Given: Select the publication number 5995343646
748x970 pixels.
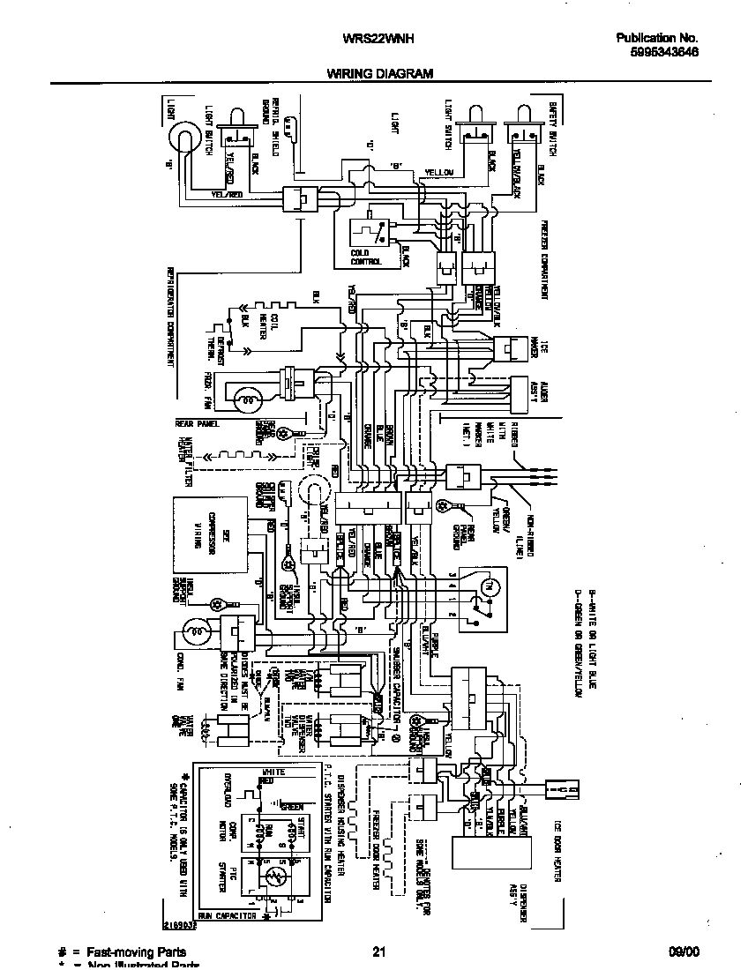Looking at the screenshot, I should pos(657,52).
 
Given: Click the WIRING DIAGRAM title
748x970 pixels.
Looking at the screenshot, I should pos(380,74).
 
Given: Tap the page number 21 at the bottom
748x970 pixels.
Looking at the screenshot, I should pos(379,951).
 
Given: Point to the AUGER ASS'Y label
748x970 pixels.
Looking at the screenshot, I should pos(535,393).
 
